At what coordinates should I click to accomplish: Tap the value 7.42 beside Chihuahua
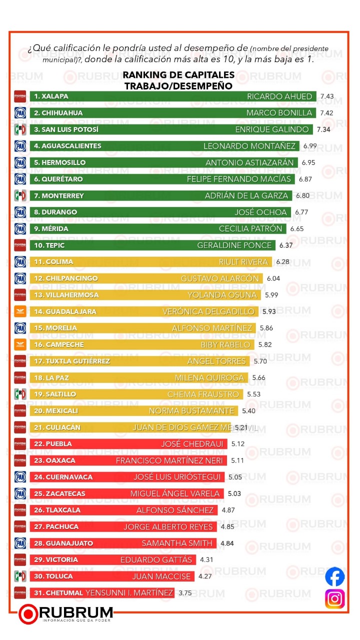coord(326,113)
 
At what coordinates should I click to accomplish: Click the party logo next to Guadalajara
coord(20,311)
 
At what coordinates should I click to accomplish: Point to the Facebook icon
coord(335,577)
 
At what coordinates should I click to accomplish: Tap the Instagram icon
coord(335,599)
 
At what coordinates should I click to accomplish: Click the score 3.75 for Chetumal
coord(185,593)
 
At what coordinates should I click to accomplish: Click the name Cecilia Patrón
coord(251,228)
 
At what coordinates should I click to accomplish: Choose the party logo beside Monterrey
coord(20,195)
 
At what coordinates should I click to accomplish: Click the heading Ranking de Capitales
coord(178,75)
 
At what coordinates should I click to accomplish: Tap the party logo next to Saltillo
coord(20,394)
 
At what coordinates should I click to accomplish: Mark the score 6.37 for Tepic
coord(286,245)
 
